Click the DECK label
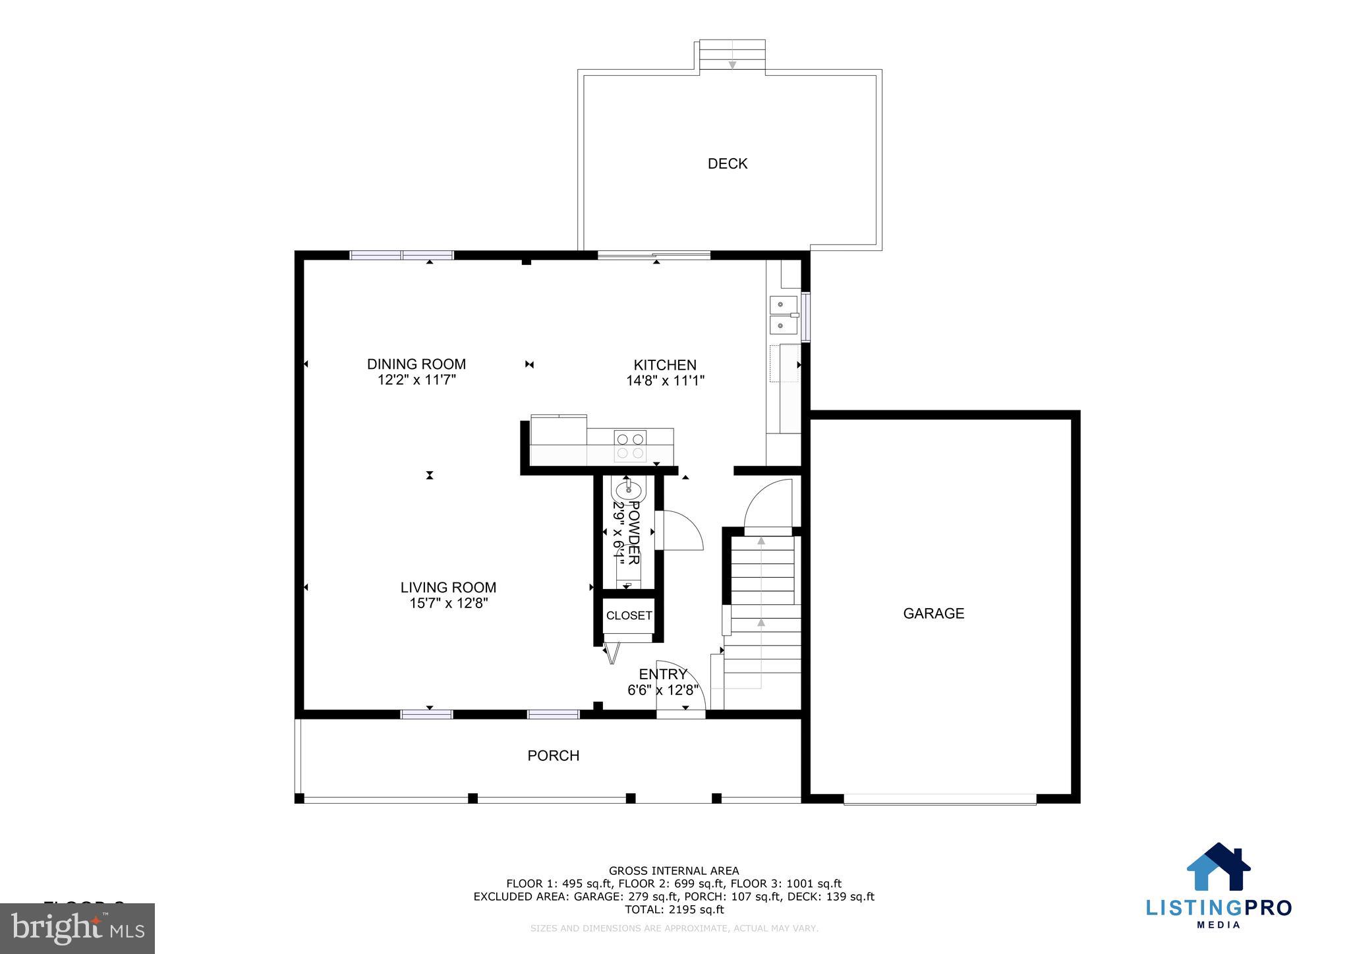coord(727,163)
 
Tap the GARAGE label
coord(933,613)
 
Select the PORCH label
coord(553,756)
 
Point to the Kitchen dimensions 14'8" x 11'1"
coord(665,381)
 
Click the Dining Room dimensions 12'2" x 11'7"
coord(416,380)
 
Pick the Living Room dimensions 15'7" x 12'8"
coord(448,603)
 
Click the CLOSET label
coord(629,615)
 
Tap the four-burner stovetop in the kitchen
coord(630,445)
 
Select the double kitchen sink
coord(784,315)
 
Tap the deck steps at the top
coord(732,55)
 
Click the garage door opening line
coord(940,799)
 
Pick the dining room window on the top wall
coord(401,256)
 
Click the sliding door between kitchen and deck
coord(654,256)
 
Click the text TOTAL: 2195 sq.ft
coord(674,910)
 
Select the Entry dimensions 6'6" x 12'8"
coord(663,690)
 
